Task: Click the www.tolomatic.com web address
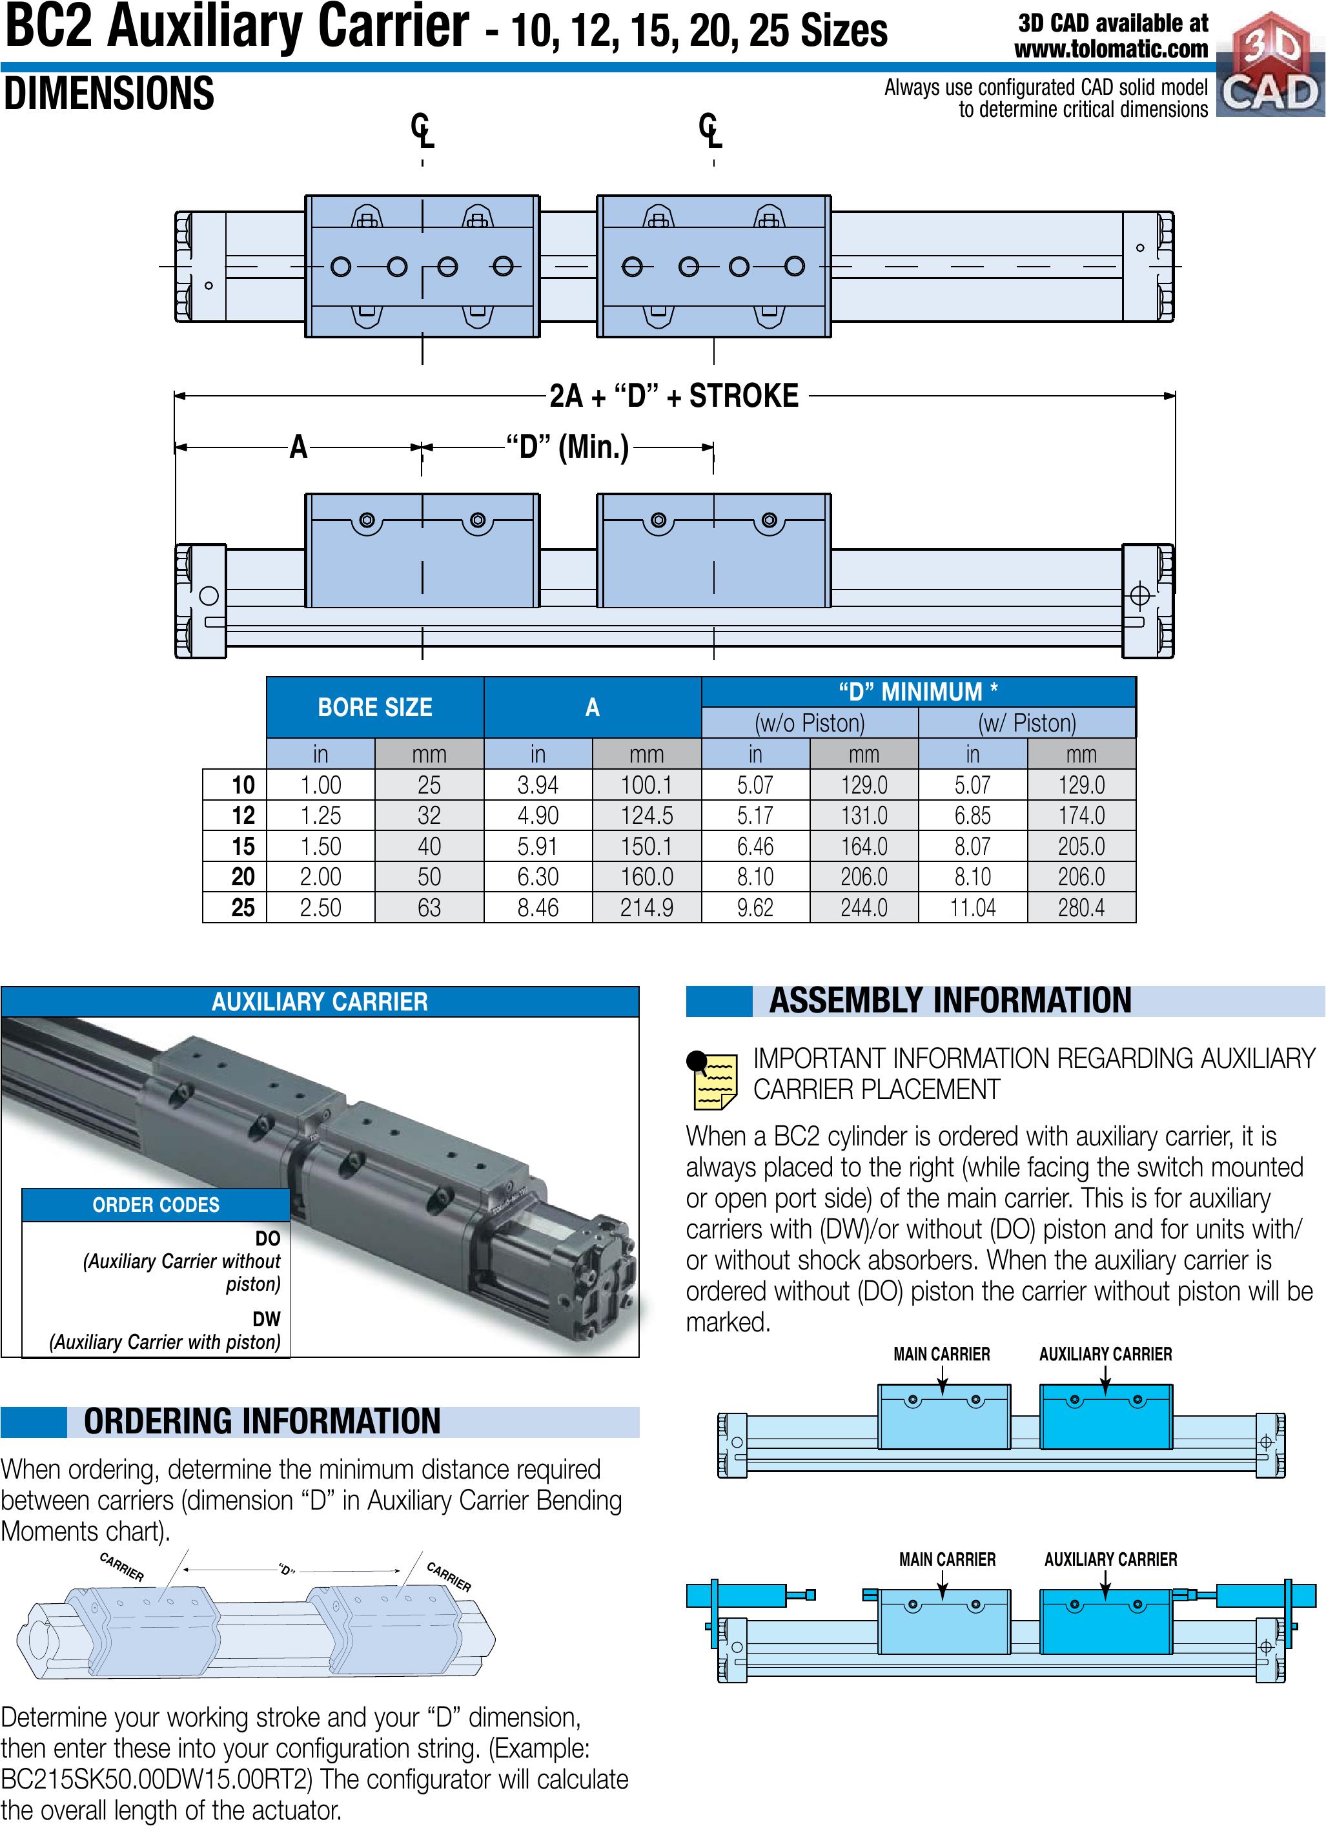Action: pyautogui.click(x=1111, y=50)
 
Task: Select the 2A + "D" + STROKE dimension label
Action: pyautogui.click(x=674, y=396)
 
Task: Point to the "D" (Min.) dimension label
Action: pyautogui.click(x=567, y=446)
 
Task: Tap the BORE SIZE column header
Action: pyautogui.click(x=374, y=707)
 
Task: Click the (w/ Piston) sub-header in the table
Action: pyautogui.click(x=1026, y=723)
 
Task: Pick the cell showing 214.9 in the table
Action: pyautogui.click(x=646, y=907)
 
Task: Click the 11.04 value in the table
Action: pyautogui.click(x=973, y=907)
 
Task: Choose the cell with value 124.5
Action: pyautogui.click(x=646, y=816)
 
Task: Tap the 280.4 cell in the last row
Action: pyautogui.click(x=1081, y=907)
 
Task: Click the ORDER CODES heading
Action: pyautogui.click(x=156, y=1204)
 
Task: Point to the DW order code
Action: pyautogui.click(x=267, y=1318)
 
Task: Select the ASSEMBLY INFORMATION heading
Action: pyautogui.click(x=950, y=1001)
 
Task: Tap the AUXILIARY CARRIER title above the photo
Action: pyautogui.click(x=320, y=1001)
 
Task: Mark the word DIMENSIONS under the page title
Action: pyautogui.click(x=110, y=94)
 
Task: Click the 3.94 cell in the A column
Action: pyautogui.click(x=538, y=785)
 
